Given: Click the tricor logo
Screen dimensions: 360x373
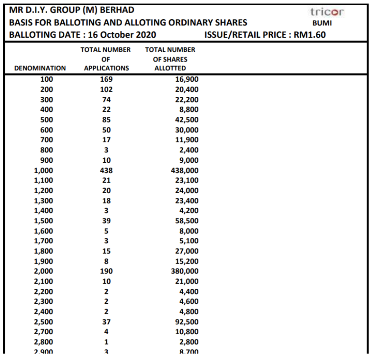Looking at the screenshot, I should pyautogui.click(x=327, y=12).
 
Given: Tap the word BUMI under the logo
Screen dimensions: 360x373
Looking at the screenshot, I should pyautogui.click(x=322, y=23).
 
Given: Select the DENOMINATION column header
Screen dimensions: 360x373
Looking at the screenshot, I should pyautogui.click(x=40, y=68).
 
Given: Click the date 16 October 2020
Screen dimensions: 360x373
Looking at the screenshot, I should pyautogui.click(x=122, y=35).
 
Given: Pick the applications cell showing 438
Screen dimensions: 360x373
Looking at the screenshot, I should pyautogui.click(x=106, y=170).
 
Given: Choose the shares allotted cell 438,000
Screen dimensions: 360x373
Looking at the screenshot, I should pyautogui.click(x=185, y=170).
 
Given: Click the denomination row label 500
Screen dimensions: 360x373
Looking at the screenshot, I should pyautogui.click(x=47, y=120).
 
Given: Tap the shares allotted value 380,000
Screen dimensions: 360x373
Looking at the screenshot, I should pyautogui.click(x=185, y=271).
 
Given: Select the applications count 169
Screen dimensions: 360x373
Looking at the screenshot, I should pyautogui.click(x=106, y=79).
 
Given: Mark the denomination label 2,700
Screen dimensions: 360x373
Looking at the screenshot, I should pyautogui.click(x=43, y=332).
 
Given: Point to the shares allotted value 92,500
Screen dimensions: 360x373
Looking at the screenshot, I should pyautogui.click(x=187, y=322).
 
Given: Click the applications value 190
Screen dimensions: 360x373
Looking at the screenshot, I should pyautogui.click(x=106, y=271).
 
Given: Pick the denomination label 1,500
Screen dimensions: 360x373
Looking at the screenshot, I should pyautogui.click(x=43, y=221).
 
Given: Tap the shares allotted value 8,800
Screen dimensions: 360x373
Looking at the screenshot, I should pyautogui.click(x=189, y=110).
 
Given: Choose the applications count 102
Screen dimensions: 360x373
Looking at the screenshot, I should pyautogui.click(x=106, y=89).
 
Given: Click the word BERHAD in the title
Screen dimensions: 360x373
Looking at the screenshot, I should pyautogui.click(x=117, y=10).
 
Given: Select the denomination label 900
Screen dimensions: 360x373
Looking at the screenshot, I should pyautogui.click(x=47, y=160).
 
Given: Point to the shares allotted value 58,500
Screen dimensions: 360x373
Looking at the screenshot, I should pyautogui.click(x=187, y=221).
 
